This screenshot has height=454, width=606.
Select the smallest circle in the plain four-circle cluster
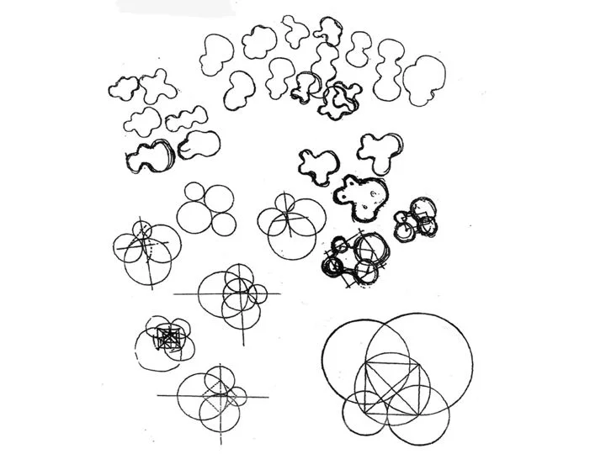click(224, 224)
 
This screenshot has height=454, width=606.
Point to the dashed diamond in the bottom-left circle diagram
click(220, 388)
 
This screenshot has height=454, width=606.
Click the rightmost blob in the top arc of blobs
click(425, 80)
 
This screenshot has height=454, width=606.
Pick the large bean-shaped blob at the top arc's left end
click(217, 55)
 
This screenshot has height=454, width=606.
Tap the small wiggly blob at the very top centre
click(295, 30)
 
